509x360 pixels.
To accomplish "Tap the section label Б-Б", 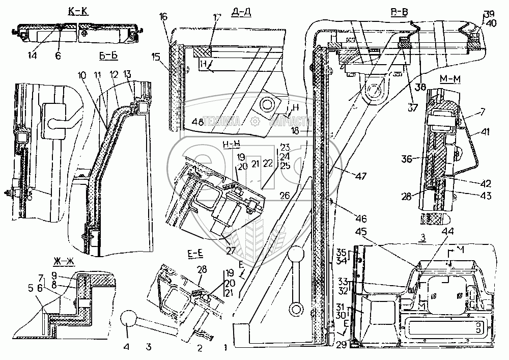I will pyautogui.click(x=108, y=56).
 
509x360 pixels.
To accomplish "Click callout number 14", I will pyautogui.click(x=34, y=56).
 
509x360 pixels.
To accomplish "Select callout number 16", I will pyautogui.click(x=162, y=17).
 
